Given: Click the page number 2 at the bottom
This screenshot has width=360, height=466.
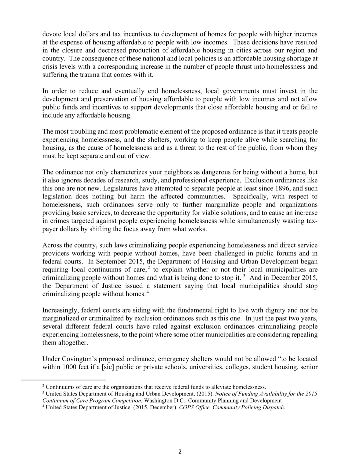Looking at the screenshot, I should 180,452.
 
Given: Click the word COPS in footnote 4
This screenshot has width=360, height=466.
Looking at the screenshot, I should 186,407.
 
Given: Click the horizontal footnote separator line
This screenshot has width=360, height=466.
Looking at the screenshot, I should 63,380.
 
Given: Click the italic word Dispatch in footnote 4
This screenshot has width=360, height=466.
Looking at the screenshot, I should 272,407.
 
